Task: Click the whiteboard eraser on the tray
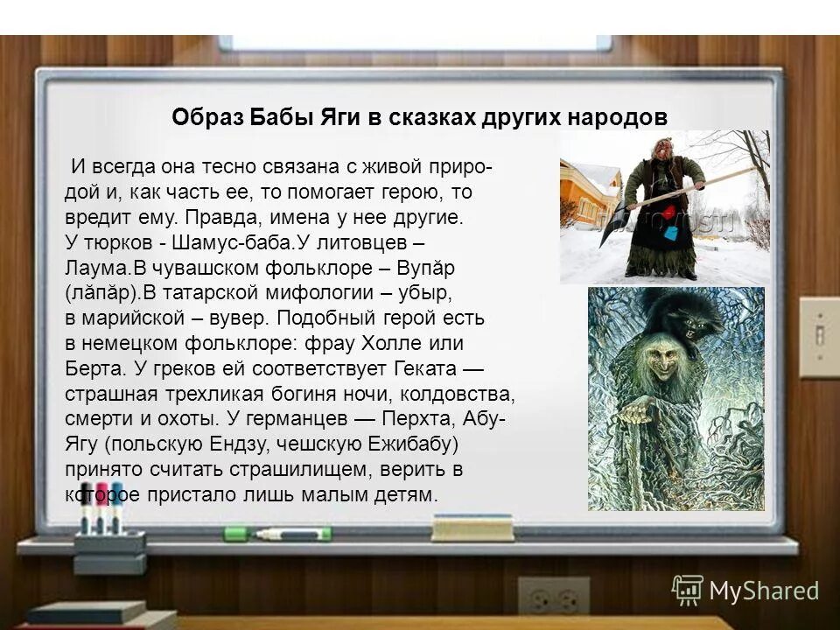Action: pyautogui.click(x=472, y=527)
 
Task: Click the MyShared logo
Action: pyautogui.click(x=745, y=591)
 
